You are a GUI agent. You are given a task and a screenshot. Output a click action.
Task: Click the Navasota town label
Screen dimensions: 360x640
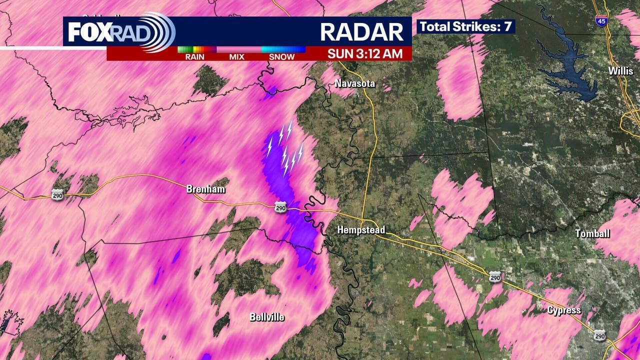(355, 83)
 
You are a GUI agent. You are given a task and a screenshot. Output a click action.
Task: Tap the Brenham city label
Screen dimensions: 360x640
(205, 189)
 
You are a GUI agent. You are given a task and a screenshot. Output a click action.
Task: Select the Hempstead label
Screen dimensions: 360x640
(361, 230)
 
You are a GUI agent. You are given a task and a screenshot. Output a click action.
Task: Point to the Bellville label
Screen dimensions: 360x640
(267, 317)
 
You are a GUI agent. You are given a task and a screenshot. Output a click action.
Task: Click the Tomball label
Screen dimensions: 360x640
(592, 233)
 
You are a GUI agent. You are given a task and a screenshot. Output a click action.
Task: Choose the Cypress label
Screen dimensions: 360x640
(564, 310)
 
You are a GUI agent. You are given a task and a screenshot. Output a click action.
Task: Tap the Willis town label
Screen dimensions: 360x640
(621, 71)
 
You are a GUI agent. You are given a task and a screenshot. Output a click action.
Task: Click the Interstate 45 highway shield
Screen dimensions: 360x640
(601, 20)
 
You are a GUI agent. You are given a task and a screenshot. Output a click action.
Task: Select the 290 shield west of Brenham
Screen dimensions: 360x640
(57, 195)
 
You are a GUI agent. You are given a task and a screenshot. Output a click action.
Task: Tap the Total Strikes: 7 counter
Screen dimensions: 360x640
(465, 26)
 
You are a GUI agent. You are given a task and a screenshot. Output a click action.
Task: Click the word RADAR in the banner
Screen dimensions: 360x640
(361, 31)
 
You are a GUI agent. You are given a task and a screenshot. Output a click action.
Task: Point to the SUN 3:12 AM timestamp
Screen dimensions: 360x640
(365, 53)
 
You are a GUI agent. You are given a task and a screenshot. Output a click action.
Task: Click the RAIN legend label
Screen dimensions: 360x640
(194, 57)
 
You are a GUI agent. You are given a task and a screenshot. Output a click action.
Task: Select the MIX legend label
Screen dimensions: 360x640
(236, 57)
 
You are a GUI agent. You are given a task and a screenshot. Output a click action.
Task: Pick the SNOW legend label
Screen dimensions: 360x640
(281, 57)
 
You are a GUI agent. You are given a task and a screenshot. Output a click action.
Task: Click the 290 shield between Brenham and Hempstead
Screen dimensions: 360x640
(280, 206)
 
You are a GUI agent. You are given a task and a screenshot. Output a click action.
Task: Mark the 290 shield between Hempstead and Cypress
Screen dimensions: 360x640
(494, 276)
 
